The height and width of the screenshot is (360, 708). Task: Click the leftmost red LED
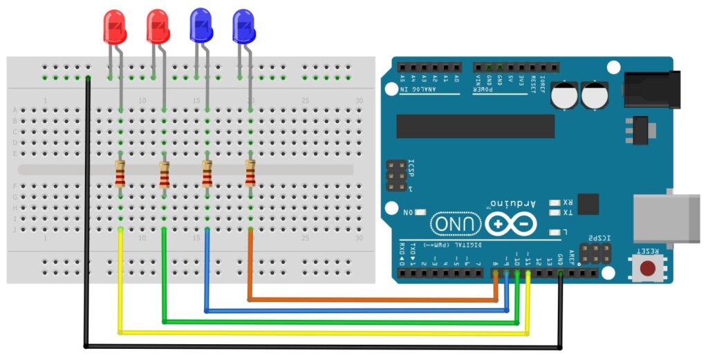115,26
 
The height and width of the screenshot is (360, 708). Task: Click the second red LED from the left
158,26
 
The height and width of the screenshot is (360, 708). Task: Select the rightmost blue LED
244,26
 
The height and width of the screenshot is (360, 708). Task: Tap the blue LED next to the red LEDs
201,26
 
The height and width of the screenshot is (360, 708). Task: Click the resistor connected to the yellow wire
120,173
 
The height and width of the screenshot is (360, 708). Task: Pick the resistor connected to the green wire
164,173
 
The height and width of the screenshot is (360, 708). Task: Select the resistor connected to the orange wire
250,173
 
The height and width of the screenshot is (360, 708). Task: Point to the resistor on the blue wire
207,173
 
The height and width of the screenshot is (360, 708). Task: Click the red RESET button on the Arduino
648,268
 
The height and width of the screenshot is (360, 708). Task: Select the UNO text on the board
456,224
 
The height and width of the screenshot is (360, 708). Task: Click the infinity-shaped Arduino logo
511,224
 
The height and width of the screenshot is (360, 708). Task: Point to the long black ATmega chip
475,126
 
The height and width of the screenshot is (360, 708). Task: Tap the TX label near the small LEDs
567,212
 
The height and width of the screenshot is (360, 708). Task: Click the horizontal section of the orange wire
373,300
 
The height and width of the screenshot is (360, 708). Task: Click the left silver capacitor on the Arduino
565,96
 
